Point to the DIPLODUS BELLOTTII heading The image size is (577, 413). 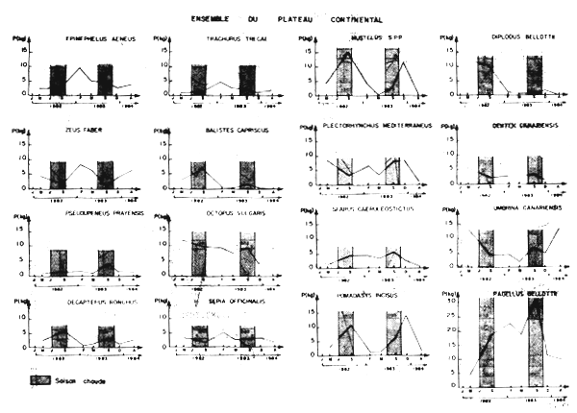[505, 38]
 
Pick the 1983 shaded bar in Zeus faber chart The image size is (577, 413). [104, 175]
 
